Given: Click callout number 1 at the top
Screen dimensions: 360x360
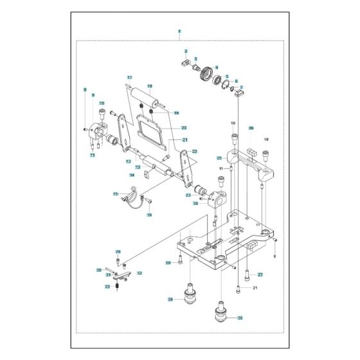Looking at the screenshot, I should (179, 31).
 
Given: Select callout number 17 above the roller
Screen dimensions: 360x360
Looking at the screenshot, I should (129, 78).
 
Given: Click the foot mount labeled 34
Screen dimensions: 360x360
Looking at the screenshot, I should (191, 298).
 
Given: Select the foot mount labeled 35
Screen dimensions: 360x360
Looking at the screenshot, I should (221, 315).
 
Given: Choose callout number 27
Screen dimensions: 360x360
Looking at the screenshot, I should (260, 274).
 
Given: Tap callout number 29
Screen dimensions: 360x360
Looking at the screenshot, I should (118, 251).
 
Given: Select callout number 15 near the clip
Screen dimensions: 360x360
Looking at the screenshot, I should (116, 194).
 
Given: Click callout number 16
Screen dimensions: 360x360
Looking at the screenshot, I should (150, 215).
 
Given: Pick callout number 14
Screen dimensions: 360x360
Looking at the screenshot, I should (132, 175).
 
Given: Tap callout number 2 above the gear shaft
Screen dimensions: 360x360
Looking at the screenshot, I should (186, 51).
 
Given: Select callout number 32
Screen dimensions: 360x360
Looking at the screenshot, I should (139, 273).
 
